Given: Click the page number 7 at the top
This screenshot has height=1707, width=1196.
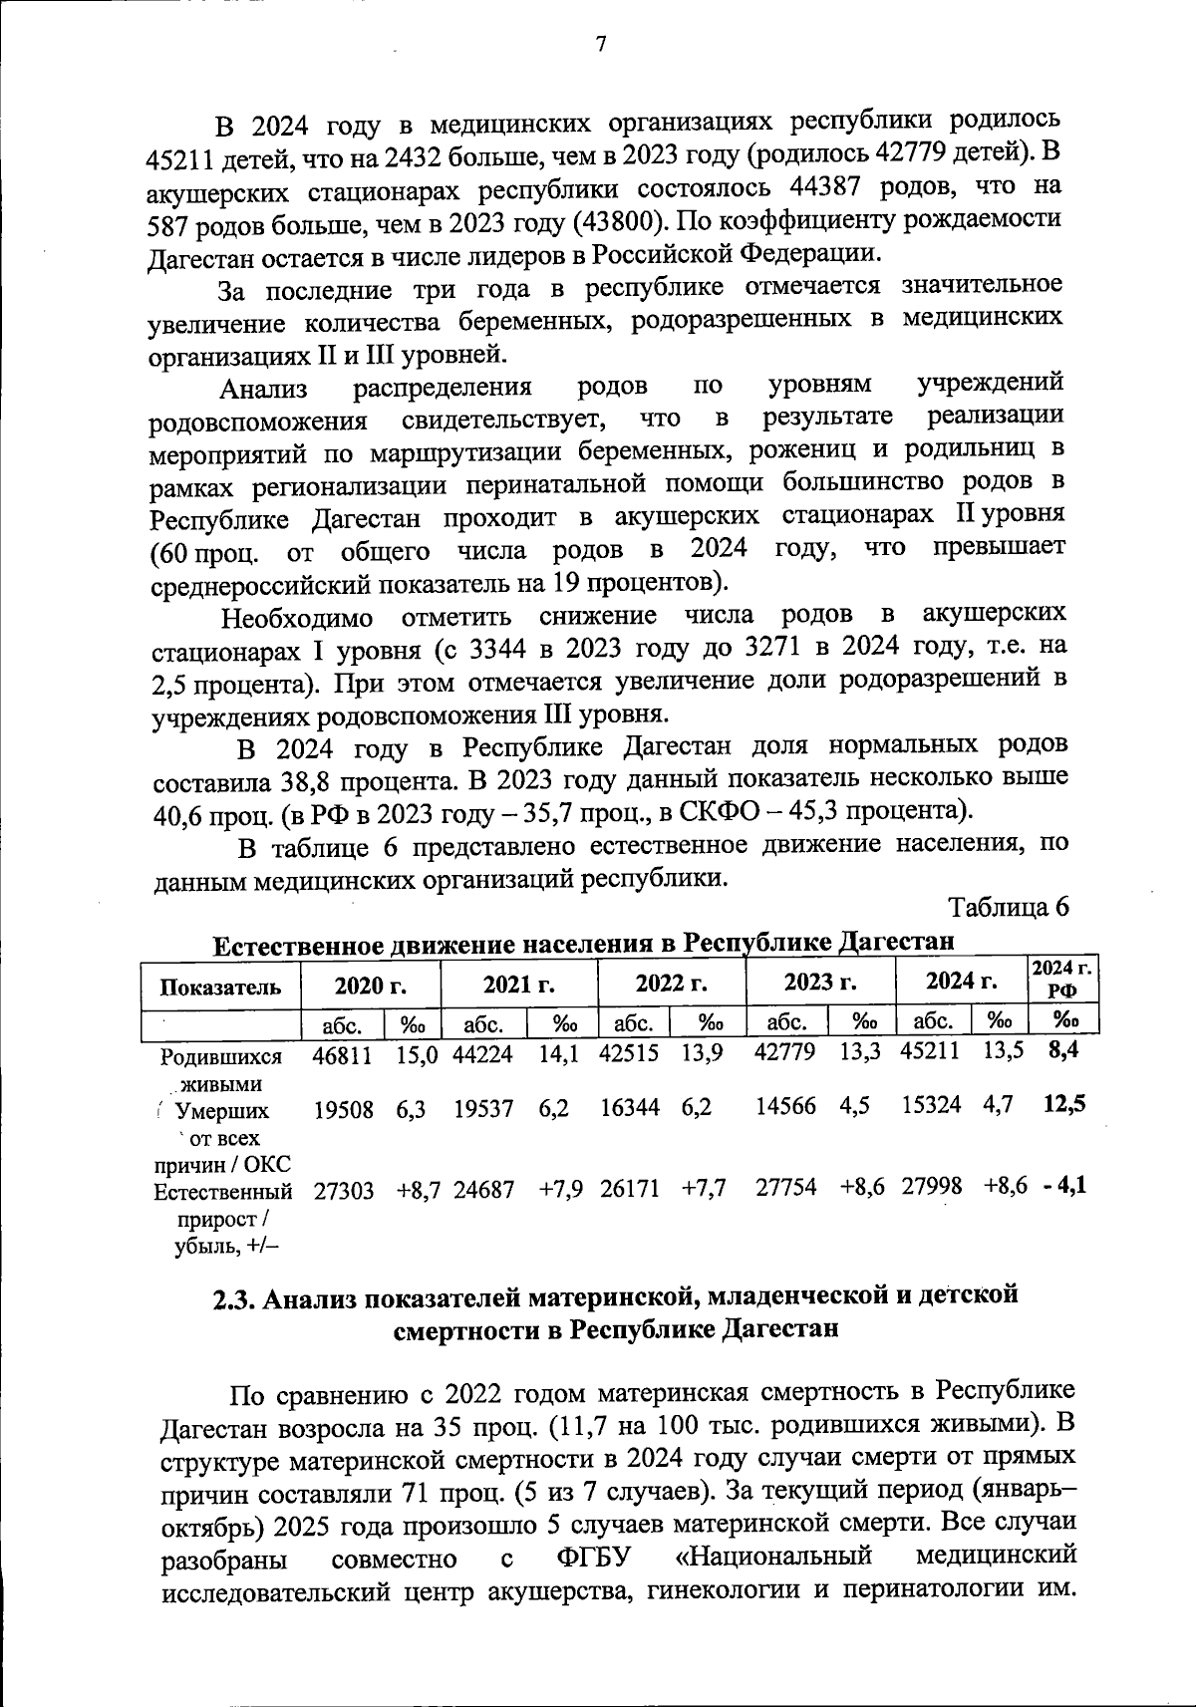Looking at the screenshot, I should pos(599,44).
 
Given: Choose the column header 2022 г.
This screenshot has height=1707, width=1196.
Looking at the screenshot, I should pos(671,984).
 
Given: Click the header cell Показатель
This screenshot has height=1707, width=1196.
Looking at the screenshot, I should pos(220,987).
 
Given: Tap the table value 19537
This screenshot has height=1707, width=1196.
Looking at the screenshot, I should pos(483,1110).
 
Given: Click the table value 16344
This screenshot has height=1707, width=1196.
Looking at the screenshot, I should pos(629,1109).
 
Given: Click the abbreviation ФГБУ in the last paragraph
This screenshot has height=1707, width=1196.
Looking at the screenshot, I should pos(595,1558).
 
